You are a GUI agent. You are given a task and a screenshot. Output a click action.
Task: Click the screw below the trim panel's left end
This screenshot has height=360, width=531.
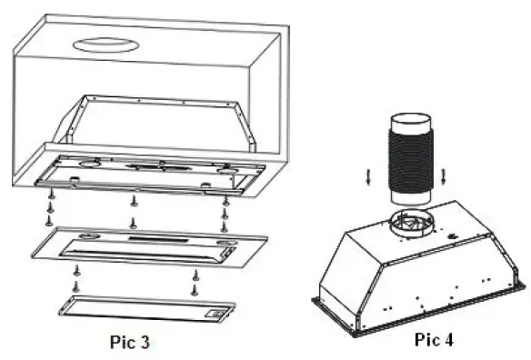coord(77,270)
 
